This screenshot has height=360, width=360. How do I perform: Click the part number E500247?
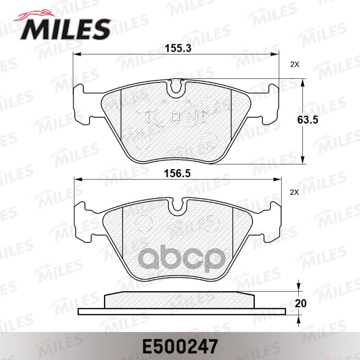180,346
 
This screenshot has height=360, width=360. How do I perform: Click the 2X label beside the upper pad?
295,64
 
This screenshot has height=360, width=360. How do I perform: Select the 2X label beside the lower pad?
295,192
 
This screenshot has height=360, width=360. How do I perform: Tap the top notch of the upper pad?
176,88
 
